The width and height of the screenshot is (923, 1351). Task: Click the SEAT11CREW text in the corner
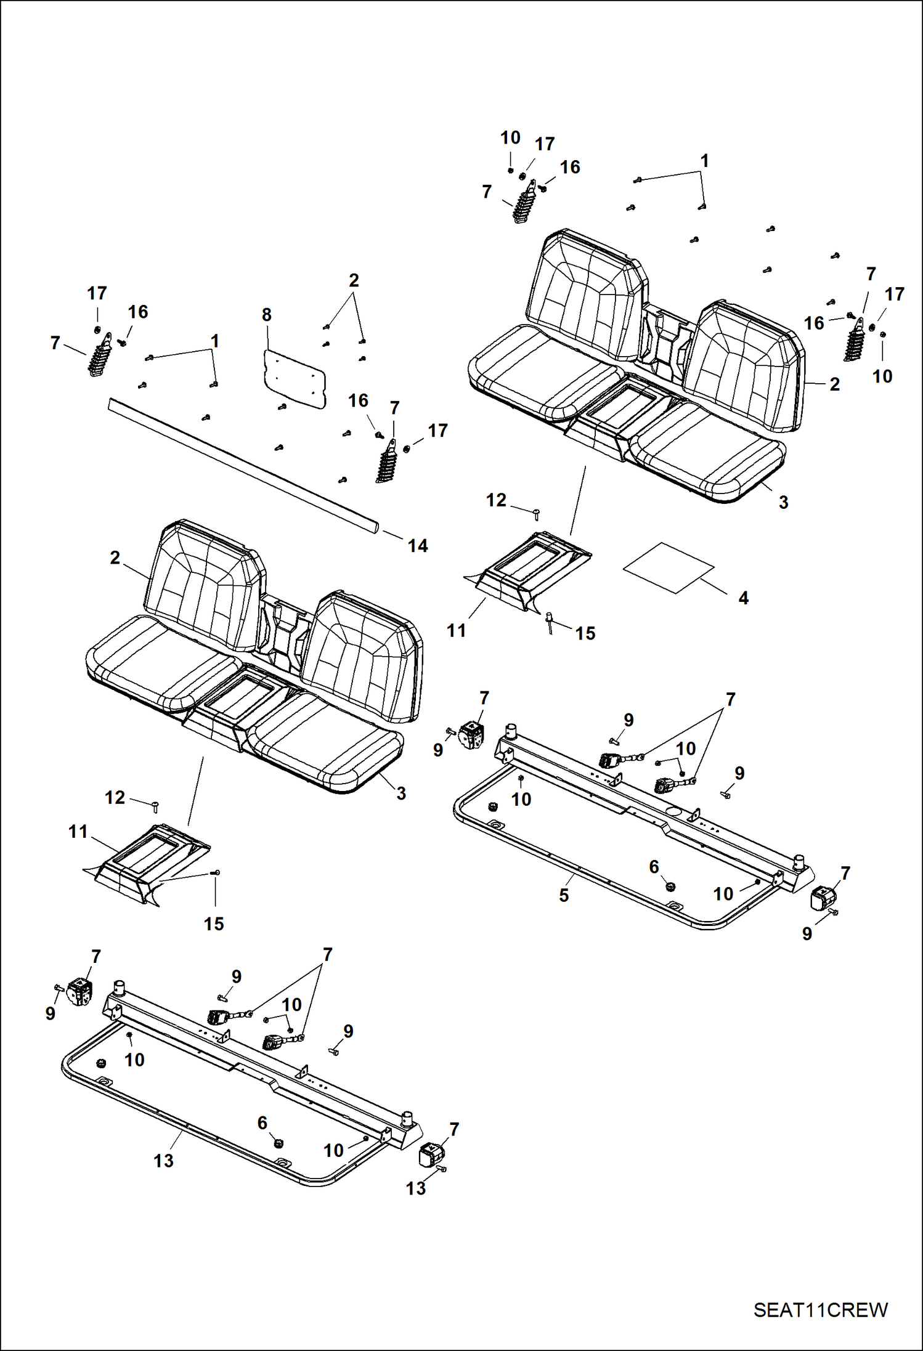click(820, 1310)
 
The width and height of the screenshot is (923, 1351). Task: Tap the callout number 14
click(418, 545)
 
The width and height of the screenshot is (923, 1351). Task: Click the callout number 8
click(266, 315)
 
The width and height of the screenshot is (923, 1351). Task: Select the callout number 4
click(743, 598)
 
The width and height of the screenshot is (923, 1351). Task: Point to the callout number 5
click(564, 896)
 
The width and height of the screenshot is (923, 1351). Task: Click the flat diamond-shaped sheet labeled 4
click(669, 567)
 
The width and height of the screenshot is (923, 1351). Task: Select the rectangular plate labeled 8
click(295, 379)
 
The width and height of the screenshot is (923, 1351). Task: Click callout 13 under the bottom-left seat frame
click(163, 1161)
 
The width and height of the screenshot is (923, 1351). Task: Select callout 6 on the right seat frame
click(654, 867)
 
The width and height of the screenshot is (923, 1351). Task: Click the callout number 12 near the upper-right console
click(496, 500)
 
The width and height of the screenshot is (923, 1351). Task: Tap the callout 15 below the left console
click(214, 923)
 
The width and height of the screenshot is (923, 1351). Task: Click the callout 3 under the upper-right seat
click(783, 502)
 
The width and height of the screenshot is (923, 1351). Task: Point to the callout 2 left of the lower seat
click(115, 558)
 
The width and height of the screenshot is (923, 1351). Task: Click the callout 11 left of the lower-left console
click(78, 831)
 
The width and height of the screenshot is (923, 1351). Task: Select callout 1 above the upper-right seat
click(704, 161)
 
